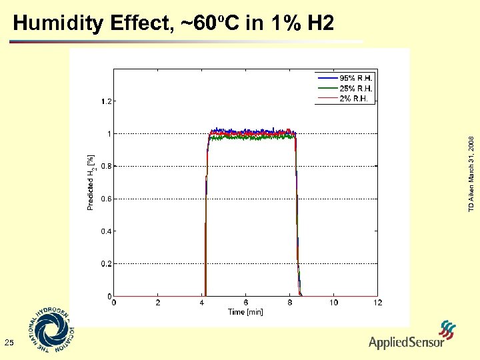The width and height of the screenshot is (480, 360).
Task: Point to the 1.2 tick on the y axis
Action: click(x=106, y=102)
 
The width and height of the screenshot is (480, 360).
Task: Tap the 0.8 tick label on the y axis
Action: click(x=106, y=167)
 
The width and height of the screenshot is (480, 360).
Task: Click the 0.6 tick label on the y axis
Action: click(x=106, y=199)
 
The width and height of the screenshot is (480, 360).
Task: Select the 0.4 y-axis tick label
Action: click(x=106, y=231)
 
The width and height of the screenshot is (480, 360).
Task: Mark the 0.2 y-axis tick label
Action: click(x=106, y=264)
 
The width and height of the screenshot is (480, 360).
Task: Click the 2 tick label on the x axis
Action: click(x=157, y=303)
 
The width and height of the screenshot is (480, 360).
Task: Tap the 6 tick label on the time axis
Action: click(x=246, y=303)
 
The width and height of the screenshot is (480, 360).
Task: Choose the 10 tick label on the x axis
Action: click(x=333, y=303)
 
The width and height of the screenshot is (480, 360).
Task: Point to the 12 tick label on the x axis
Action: click(x=377, y=303)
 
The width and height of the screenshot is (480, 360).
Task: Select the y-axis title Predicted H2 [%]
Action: click(x=91, y=183)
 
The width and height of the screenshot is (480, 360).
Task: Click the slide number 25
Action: click(x=9, y=343)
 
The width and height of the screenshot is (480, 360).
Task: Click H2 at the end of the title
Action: click(x=320, y=24)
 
